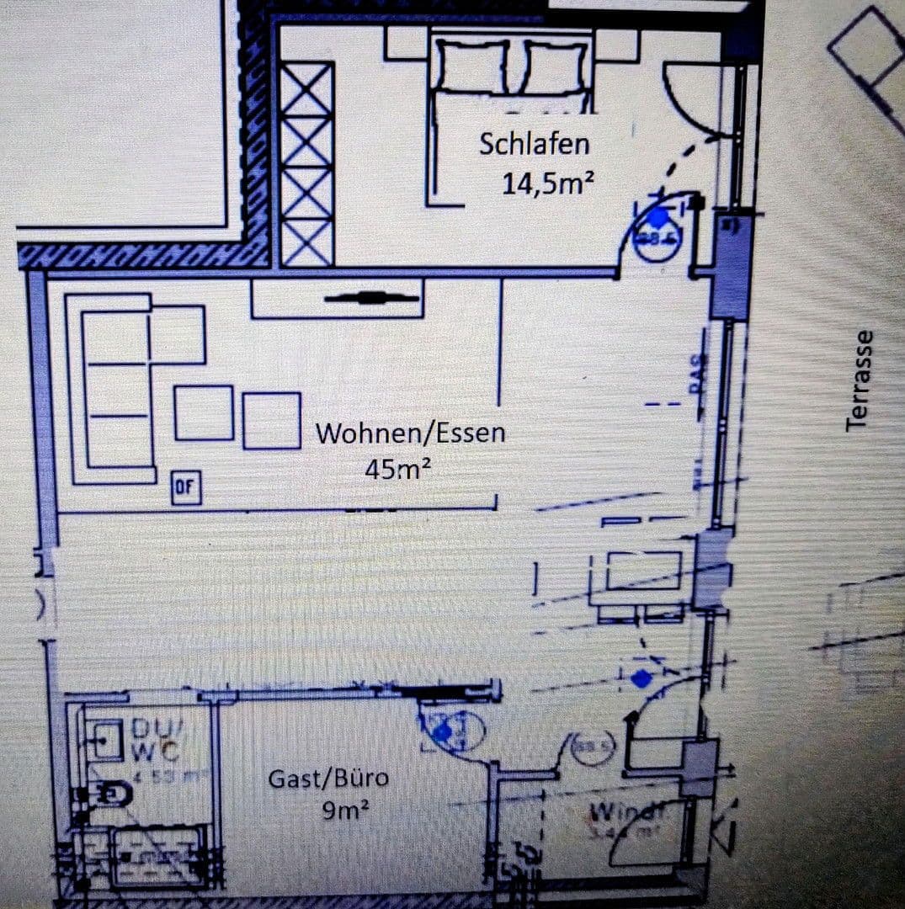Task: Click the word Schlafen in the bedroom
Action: (x=534, y=144)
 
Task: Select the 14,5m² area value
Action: (x=543, y=183)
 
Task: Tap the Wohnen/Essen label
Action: (x=411, y=433)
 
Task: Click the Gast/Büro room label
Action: (x=328, y=779)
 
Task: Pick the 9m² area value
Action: (x=345, y=811)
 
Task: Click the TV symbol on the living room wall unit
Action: (x=371, y=297)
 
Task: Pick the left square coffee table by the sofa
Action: (x=204, y=412)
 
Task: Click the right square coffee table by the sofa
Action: (x=272, y=420)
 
